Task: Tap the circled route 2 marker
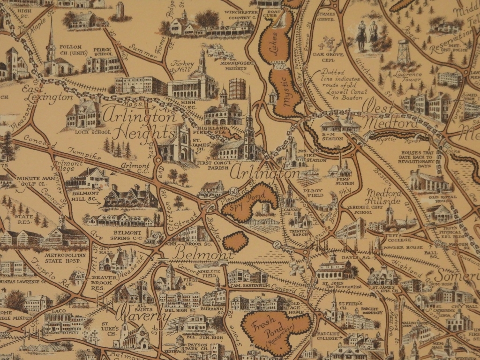[277, 243]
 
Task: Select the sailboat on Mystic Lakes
[282, 21]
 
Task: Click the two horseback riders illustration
[367, 35]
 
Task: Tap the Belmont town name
[202, 254]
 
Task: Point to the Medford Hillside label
[383, 197]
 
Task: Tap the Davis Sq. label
[339, 257]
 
